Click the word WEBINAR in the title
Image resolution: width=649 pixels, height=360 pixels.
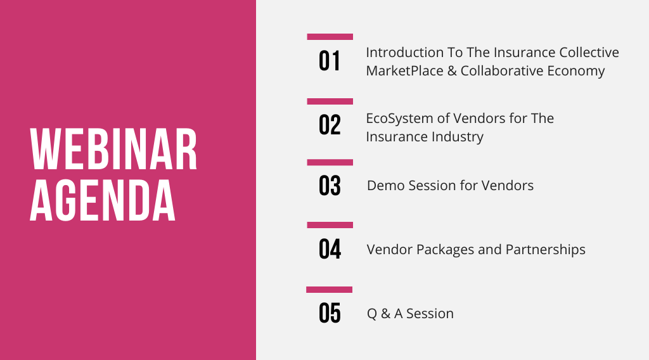click(x=113, y=149)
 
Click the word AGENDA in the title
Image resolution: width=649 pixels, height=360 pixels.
click(x=103, y=201)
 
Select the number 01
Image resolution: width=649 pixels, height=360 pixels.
click(x=330, y=61)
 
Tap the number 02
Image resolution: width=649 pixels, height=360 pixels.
click(x=330, y=125)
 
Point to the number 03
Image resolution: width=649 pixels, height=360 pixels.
click(x=330, y=185)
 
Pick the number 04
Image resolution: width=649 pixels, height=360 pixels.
click(x=330, y=249)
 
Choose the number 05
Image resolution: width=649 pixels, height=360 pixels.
click(x=330, y=313)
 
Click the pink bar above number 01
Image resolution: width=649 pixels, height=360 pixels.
click(x=330, y=37)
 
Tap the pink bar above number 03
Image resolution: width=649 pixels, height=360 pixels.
click(x=330, y=162)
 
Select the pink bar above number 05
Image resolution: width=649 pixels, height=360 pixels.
click(x=329, y=290)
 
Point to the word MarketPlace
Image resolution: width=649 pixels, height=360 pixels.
click(x=404, y=71)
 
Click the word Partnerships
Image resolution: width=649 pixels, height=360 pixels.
click(x=546, y=250)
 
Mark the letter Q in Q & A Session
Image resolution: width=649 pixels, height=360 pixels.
click(x=371, y=314)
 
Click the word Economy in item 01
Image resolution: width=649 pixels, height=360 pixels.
click(x=575, y=71)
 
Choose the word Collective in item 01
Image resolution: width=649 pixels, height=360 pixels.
click(x=589, y=53)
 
